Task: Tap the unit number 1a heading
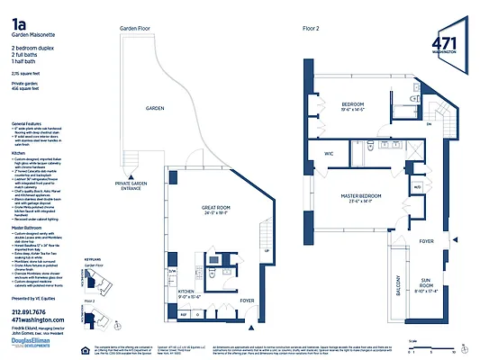coord(17,19)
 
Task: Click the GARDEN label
coord(156,108)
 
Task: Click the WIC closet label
coord(330,154)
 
